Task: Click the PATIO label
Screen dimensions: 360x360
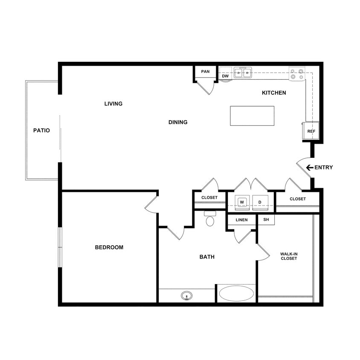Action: [41, 131]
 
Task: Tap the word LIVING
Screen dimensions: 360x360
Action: [113, 104]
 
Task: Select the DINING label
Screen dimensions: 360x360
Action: [178, 122]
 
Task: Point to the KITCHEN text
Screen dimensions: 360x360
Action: [274, 93]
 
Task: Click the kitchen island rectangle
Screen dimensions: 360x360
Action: [252, 116]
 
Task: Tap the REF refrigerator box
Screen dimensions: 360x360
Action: [311, 131]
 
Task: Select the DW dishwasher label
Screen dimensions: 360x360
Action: [225, 76]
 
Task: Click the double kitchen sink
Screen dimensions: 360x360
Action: [242, 73]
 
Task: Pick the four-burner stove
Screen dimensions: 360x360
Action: [297, 74]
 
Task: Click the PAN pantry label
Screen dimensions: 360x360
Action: [205, 72]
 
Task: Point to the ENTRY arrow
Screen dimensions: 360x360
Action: [309, 168]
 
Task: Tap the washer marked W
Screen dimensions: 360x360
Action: [242, 202]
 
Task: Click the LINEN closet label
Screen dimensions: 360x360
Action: [241, 220]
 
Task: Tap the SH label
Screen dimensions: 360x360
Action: [266, 220]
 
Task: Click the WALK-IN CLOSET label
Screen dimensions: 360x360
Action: [289, 256]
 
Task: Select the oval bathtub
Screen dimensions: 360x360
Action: [236, 294]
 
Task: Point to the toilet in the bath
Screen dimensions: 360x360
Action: [210, 219]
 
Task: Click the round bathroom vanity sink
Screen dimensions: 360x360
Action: [186, 295]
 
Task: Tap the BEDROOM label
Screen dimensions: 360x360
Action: [109, 247]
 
